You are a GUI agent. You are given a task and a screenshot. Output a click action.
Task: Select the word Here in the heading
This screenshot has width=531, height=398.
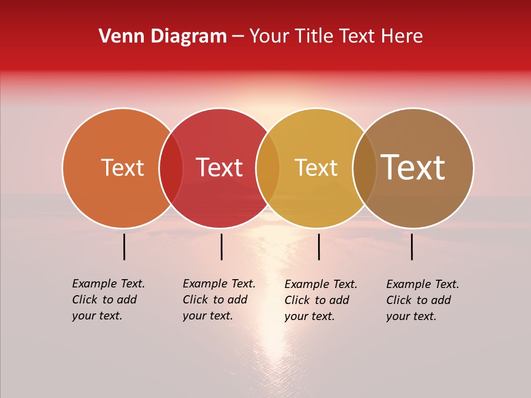[x=403, y=36]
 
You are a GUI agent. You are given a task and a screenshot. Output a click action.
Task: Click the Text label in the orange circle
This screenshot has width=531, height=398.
[x=122, y=167]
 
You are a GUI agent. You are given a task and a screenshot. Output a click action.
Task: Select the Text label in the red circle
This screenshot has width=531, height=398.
[x=219, y=167]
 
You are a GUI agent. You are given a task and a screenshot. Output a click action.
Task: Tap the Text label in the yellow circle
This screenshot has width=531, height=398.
[x=316, y=167]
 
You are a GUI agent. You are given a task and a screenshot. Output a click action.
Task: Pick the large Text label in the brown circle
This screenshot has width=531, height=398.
[x=413, y=167]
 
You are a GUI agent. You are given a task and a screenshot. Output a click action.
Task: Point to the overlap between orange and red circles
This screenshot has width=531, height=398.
[x=171, y=167]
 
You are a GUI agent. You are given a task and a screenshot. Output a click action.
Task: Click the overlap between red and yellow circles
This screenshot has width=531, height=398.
[x=268, y=167]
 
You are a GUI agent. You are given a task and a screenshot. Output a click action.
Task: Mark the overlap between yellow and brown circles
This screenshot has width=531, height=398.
[x=365, y=167]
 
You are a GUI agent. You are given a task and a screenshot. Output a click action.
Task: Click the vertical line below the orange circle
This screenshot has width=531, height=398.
[x=124, y=247]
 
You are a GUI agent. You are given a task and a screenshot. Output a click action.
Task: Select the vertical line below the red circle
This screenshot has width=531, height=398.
[x=221, y=247]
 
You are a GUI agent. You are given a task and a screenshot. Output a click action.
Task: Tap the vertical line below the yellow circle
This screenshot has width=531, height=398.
[x=319, y=247]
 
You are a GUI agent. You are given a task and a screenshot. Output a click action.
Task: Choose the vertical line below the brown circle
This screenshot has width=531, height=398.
[x=412, y=247]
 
